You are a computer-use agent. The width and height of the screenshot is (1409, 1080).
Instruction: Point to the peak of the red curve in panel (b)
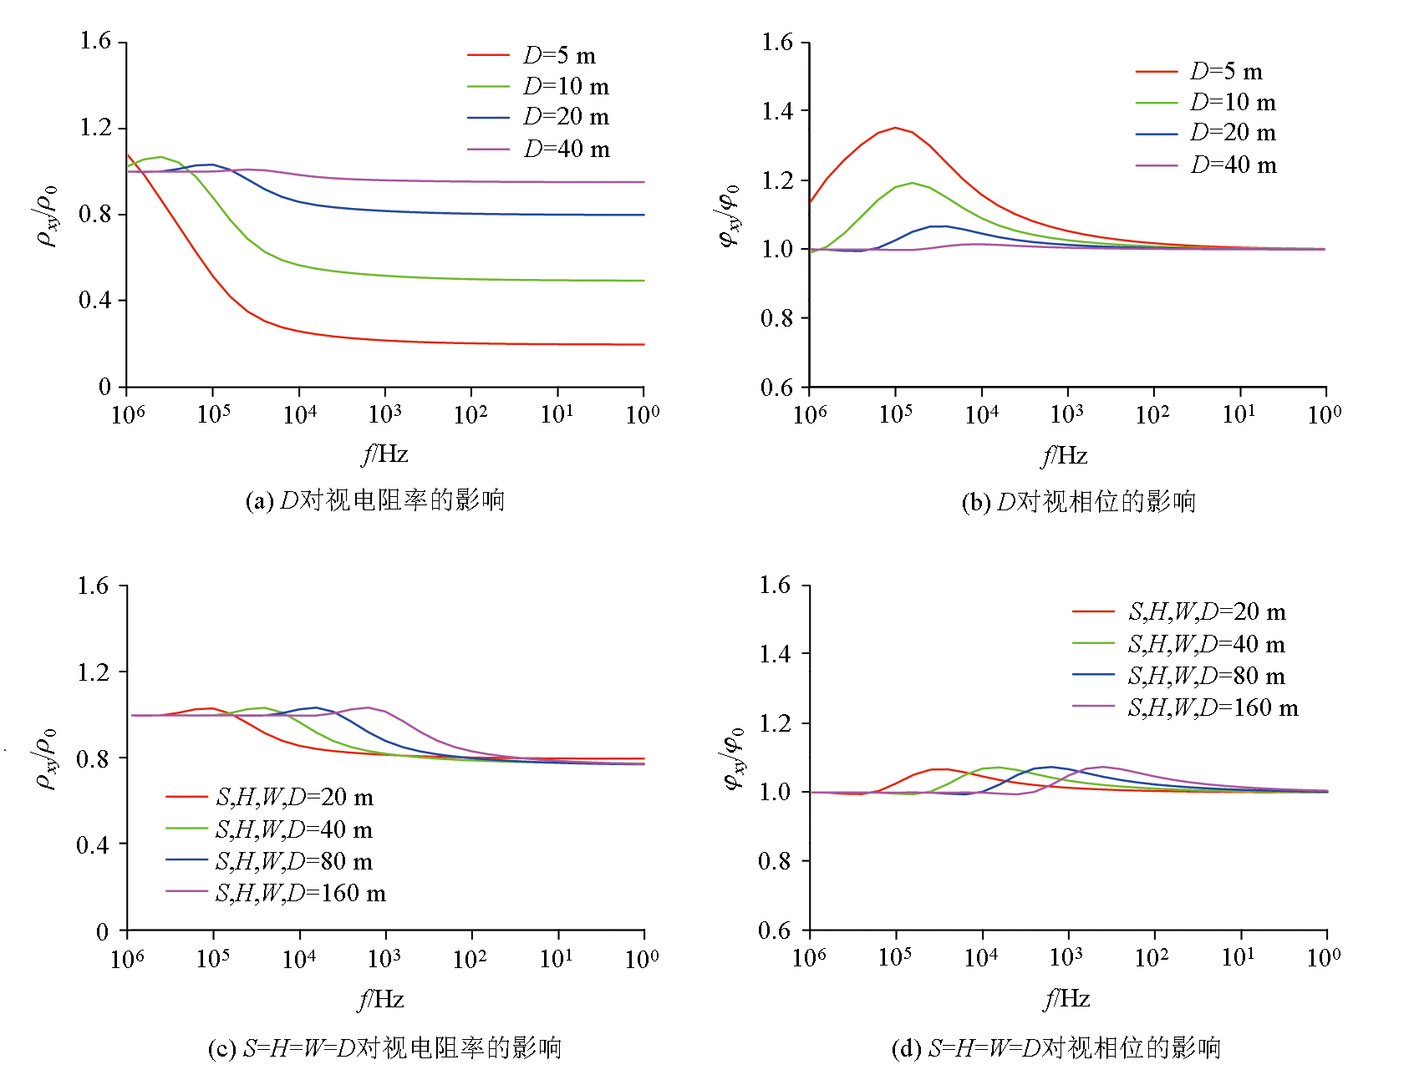click(x=895, y=128)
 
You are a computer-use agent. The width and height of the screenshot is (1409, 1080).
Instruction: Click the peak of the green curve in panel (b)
click(x=912, y=182)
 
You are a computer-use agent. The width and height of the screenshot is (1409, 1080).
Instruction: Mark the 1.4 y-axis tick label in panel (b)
click(x=777, y=111)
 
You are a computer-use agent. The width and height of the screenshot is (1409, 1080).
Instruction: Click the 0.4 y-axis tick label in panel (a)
click(x=94, y=300)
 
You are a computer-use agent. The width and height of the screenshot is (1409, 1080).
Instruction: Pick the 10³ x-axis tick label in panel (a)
click(x=384, y=413)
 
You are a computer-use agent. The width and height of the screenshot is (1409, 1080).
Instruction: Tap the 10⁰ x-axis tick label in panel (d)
click(x=1324, y=957)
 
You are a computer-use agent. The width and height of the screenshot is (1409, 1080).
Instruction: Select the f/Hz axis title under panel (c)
click(x=381, y=999)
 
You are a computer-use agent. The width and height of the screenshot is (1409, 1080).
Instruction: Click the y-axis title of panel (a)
click(x=48, y=215)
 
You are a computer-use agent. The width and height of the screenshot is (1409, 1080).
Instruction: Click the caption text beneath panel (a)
click(x=375, y=500)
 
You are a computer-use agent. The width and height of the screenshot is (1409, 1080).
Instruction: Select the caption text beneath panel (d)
click(x=1056, y=1047)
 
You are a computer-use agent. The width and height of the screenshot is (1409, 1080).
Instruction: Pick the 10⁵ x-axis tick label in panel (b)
click(x=895, y=413)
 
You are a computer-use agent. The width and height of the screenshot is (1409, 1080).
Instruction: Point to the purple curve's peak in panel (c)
click(x=368, y=707)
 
